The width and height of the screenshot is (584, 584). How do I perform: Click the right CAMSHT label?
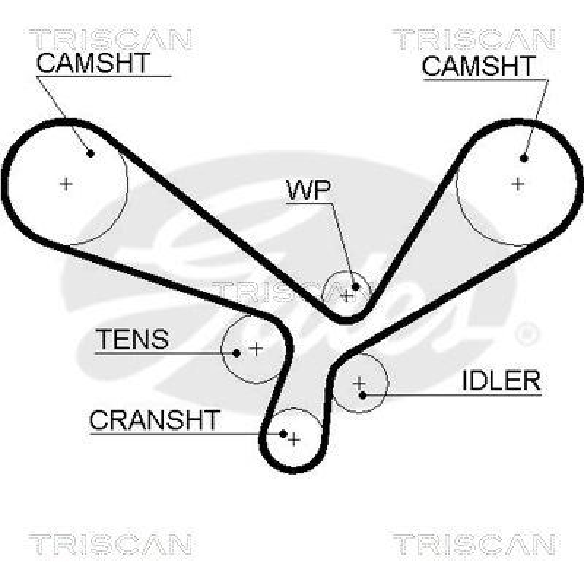[x=479, y=66]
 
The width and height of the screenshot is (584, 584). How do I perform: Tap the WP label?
[x=309, y=190]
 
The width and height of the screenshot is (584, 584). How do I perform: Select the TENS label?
[x=133, y=339]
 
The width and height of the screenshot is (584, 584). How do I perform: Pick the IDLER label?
[x=501, y=380]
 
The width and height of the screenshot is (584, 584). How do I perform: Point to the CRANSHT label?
[x=154, y=420]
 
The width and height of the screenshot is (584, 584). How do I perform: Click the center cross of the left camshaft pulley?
[x=66, y=183]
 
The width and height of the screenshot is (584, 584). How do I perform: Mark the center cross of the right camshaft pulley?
[x=518, y=183]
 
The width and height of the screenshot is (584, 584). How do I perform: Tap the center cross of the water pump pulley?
[x=347, y=295]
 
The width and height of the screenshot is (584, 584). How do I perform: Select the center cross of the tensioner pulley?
[x=255, y=349]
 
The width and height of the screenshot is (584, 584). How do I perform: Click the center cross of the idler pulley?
[x=358, y=382]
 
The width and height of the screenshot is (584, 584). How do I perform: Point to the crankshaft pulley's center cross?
[x=293, y=439]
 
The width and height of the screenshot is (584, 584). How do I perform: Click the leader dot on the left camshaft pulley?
[x=91, y=153]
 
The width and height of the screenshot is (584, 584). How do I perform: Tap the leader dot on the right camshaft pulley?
[x=524, y=157]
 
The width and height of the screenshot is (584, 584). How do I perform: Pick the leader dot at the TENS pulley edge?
[x=237, y=353]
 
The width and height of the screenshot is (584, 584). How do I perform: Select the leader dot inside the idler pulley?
[x=363, y=395]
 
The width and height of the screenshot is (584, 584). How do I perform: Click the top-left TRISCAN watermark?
[x=110, y=38]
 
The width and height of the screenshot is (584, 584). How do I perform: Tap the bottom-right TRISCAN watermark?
[x=474, y=544]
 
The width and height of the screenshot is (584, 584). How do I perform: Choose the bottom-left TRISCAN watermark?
[x=110, y=544]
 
